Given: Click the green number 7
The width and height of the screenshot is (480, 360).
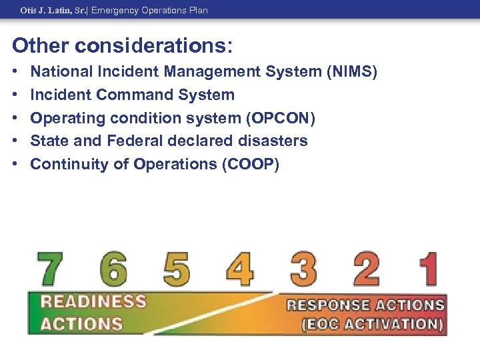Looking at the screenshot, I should click(x=50, y=269).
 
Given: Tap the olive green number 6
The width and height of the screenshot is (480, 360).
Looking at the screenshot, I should click(x=113, y=269).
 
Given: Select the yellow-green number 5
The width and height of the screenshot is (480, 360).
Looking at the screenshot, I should click(x=176, y=269).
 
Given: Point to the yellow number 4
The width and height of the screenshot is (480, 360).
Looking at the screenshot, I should click(x=239, y=269).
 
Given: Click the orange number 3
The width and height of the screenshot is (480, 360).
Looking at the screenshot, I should click(x=303, y=269).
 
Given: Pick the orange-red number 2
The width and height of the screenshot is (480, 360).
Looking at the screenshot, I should click(x=366, y=269).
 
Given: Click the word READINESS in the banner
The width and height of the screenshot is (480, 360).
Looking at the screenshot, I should click(x=93, y=301).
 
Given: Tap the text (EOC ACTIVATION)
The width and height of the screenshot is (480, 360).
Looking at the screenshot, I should click(x=372, y=325).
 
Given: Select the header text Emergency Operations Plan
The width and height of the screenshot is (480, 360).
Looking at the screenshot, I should click(x=149, y=10).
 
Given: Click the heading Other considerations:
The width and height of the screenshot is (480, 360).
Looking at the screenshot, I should click(x=123, y=45).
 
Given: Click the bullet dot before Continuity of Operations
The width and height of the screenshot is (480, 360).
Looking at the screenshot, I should click(x=15, y=164).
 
